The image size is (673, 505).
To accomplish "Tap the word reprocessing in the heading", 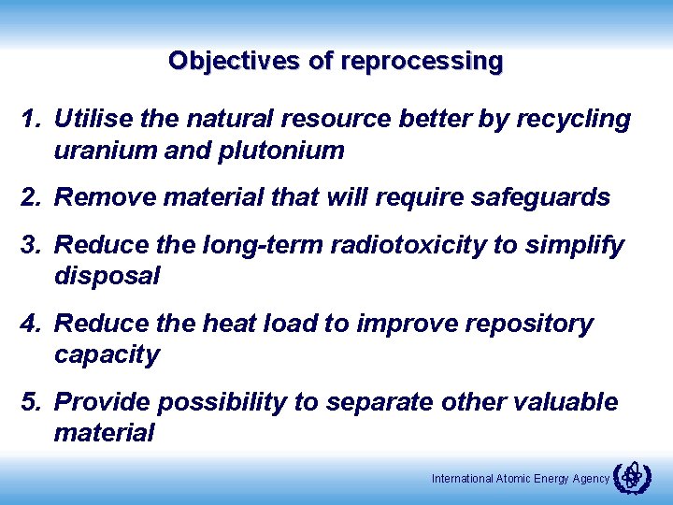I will click(x=422, y=62).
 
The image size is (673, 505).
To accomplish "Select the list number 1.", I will click(x=33, y=120).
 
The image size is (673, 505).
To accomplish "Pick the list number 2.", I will click(x=33, y=197).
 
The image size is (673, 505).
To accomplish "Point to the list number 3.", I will click(x=33, y=246).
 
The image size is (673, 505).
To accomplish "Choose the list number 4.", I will click(x=33, y=324).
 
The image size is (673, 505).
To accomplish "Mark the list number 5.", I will click(x=33, y=402).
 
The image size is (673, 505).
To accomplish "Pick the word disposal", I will click(x=107, y=277).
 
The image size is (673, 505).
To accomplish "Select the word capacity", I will click(x=107, y=355).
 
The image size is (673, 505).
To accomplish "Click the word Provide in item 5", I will click(x=103, y=402).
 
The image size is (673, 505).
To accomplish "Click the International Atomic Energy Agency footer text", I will click(x=520, y=479).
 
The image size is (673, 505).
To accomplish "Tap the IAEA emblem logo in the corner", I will click(x=632, y=476).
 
